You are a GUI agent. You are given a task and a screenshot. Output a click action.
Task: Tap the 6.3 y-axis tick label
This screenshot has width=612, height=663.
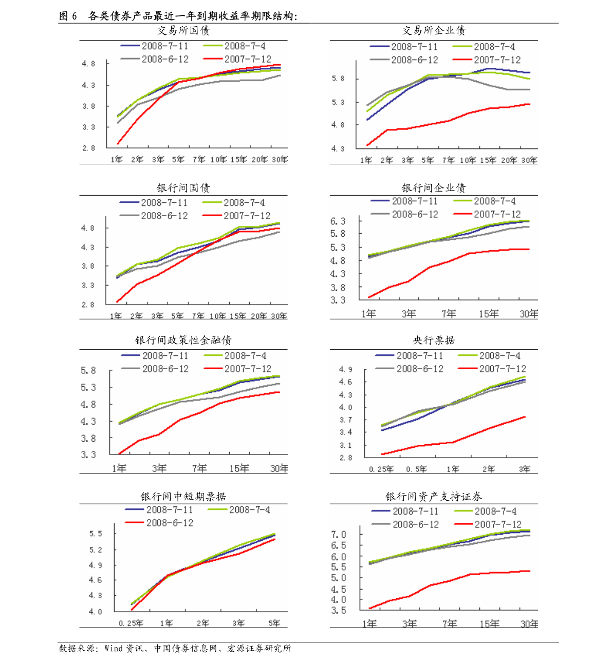338,221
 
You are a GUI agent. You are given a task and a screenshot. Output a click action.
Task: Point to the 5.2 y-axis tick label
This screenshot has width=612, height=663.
96,550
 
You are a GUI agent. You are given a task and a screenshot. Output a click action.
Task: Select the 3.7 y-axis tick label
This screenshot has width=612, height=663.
346,420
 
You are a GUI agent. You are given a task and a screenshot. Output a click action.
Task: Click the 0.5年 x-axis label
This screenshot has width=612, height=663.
416,469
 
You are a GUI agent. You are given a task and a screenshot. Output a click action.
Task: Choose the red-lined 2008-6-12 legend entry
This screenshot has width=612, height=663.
170,523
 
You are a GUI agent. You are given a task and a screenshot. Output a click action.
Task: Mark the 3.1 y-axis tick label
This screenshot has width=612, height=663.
346,445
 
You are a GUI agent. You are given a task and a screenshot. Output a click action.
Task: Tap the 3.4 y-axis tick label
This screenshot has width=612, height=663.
346,432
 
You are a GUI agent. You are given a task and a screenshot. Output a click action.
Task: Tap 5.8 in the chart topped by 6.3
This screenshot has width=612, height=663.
338,234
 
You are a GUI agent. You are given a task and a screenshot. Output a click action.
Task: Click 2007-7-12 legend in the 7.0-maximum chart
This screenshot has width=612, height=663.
497,524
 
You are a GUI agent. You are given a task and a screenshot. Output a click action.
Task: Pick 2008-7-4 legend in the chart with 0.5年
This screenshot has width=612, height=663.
499,355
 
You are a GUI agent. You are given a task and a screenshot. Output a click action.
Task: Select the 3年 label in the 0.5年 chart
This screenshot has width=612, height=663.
524,469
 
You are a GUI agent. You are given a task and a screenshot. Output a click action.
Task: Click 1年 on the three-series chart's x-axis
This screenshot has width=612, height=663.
166,623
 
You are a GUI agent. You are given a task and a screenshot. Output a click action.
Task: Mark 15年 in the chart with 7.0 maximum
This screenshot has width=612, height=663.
489,624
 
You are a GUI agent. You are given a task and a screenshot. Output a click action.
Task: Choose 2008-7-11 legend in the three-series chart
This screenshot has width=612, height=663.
170,510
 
